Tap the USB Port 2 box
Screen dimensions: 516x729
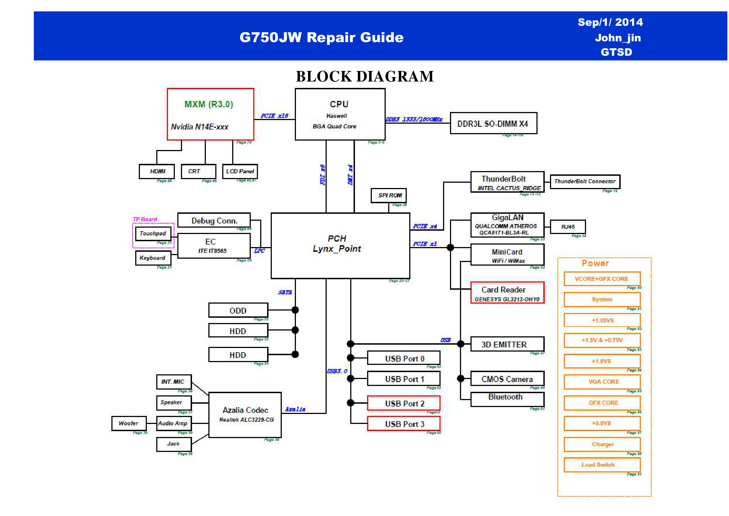click(x=403, y=403)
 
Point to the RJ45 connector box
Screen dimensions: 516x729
click(x=568, y=227)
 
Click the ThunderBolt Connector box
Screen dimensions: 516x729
click(x=585, y=181)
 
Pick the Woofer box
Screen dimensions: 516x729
click(x=129, y=423)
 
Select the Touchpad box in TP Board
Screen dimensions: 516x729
click(x=153, y=233)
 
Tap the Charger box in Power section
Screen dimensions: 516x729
click(x=602, y=444)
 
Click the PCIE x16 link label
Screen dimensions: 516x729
click(x=274, y=116)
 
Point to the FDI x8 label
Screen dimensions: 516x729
click(x=323, y=174)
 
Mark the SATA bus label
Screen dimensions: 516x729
click(x=285, y=292)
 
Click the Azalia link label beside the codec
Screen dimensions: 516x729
click(x=295, y=409)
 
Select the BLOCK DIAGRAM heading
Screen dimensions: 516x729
click(x=365, y=77)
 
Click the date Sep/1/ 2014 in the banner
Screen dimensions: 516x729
click(x=610, y=22)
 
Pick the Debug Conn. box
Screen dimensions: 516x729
click(x=214, y=220)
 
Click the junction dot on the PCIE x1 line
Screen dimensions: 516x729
click(x=450, y=247)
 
